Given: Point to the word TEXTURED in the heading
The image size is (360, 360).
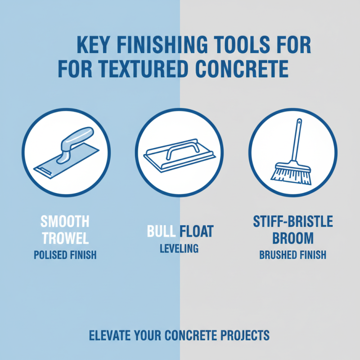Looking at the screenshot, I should click(x=145, y=69).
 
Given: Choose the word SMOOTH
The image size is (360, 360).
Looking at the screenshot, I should click(x=65, y=221).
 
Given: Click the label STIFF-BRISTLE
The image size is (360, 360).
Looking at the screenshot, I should click(x=292, y=221).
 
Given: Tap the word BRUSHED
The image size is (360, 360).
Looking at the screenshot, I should click(x=275, y=255).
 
